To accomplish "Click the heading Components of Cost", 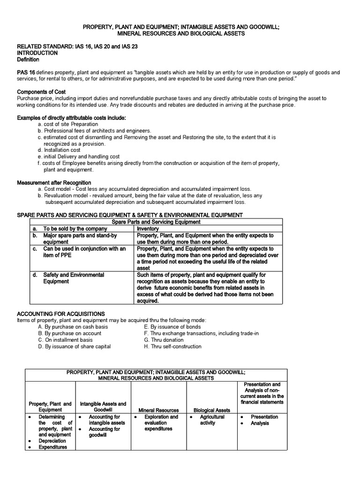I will click(41, 92).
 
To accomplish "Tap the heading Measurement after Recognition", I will click(54, 182).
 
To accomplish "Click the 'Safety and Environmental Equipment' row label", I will click(74, 278).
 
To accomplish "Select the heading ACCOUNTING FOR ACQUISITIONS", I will click(60, 314).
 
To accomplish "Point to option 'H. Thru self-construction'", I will click(172, 346).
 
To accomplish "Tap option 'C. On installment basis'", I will click(65, 340).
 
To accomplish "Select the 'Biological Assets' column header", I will click(212, 410).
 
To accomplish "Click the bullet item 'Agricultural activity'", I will click(212, 420).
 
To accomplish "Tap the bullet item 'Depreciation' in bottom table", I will click(52, 441).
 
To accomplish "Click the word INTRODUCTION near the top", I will click(37, 53).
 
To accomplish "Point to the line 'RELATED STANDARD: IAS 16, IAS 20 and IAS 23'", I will click(77, 46).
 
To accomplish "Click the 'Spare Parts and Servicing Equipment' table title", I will click(156, 222).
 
